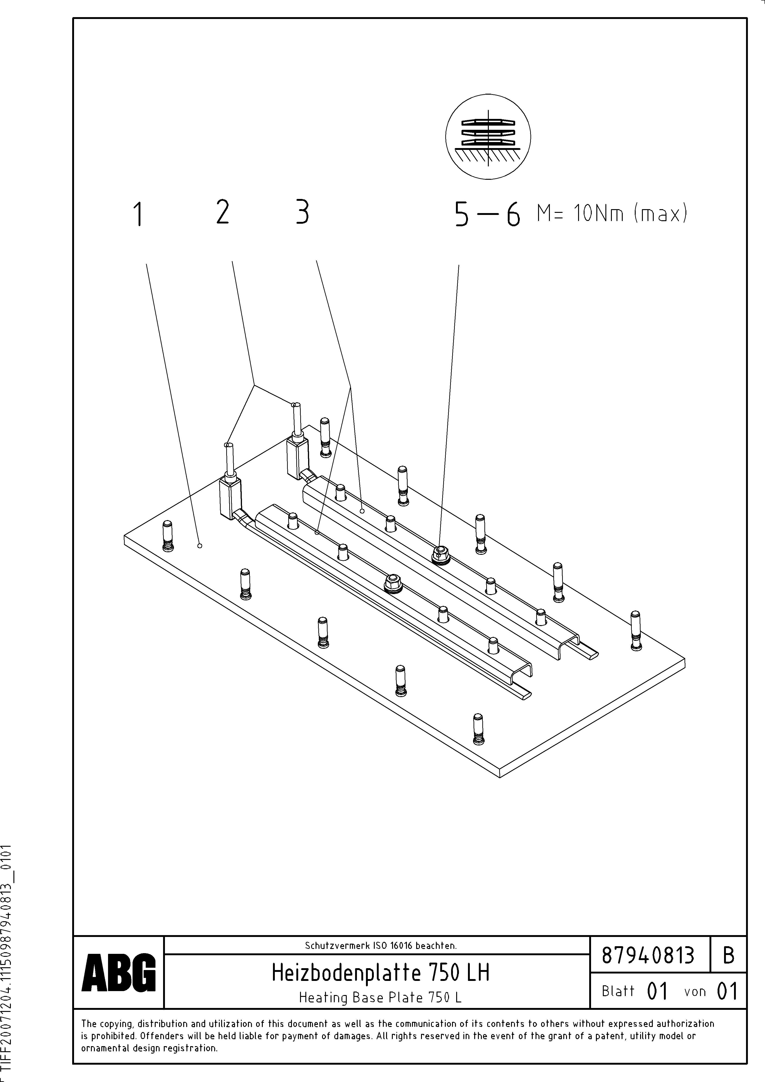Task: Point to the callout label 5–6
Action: coord(487,215)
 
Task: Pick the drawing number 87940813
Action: coord(648,956)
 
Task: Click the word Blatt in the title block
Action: coord(618,991)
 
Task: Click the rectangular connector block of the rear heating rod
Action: coord(297,457)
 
